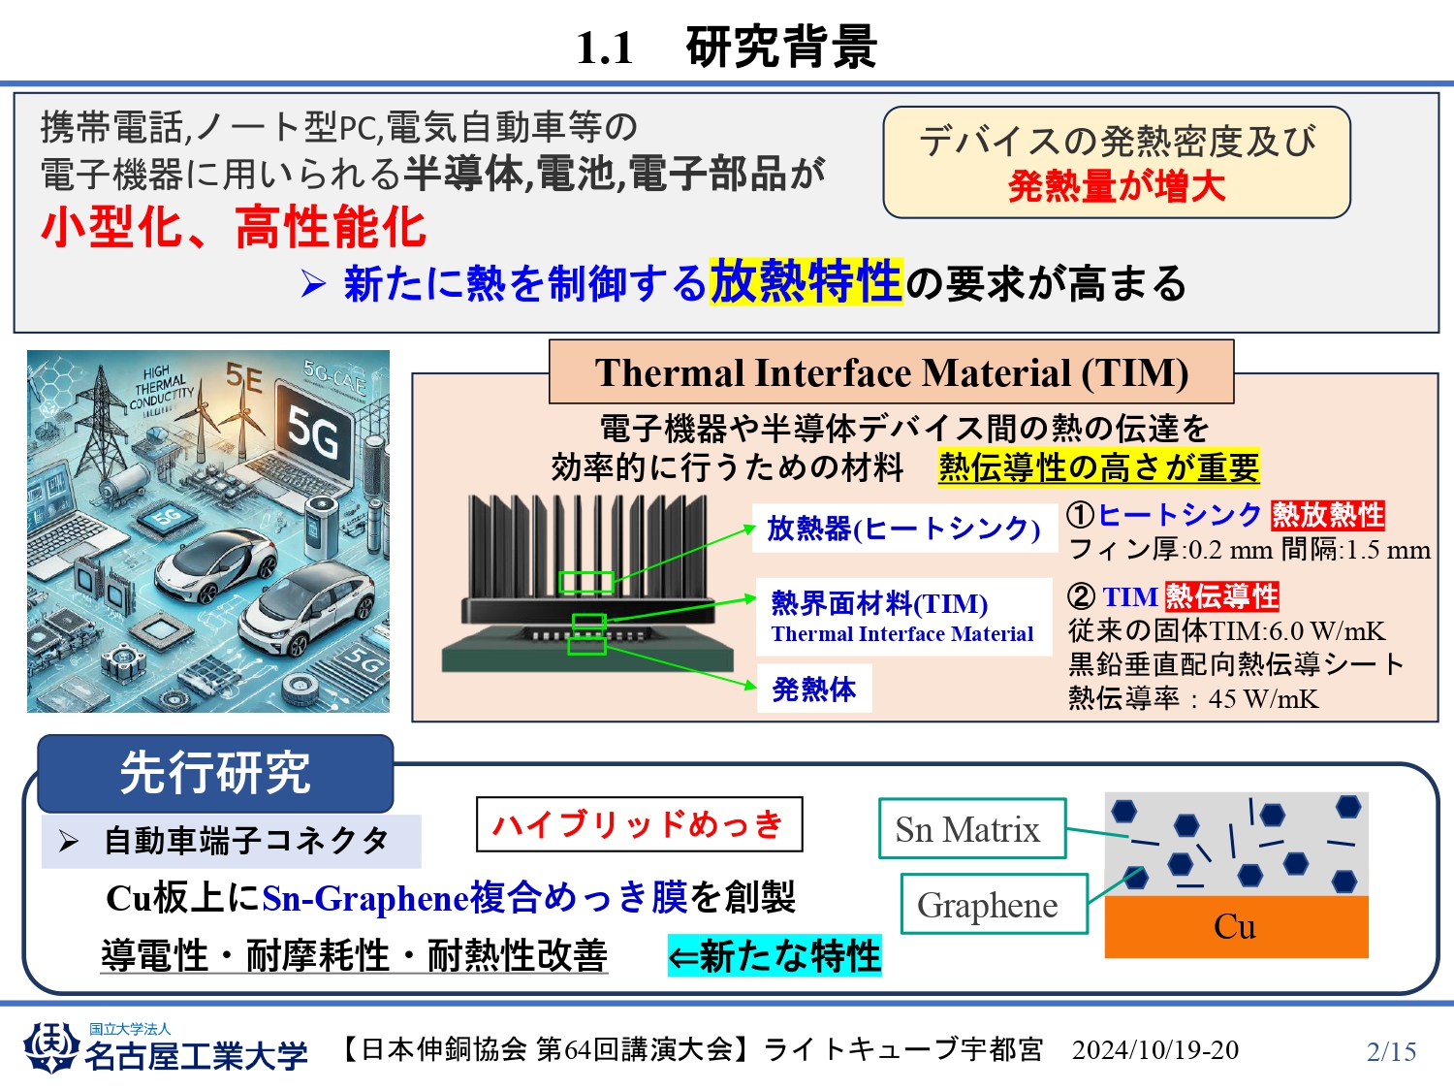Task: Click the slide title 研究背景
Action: [781, 48]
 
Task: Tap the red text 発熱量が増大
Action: [1117, 186]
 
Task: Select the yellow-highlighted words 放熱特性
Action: [806, 281]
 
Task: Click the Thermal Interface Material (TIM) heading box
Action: [892, 371]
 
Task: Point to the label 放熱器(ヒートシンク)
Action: [904, 529]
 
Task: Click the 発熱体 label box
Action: [814, 689]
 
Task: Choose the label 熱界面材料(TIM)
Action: [880, 603]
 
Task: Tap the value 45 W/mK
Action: [1263, 699]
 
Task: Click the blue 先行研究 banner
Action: [215, 774]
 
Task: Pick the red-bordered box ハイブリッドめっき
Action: [639, 824]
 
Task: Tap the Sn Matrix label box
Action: [972, 829]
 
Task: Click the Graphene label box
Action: [995, 904]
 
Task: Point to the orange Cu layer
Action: [1236, 927]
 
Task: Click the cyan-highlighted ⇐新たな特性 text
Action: [774, 955]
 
